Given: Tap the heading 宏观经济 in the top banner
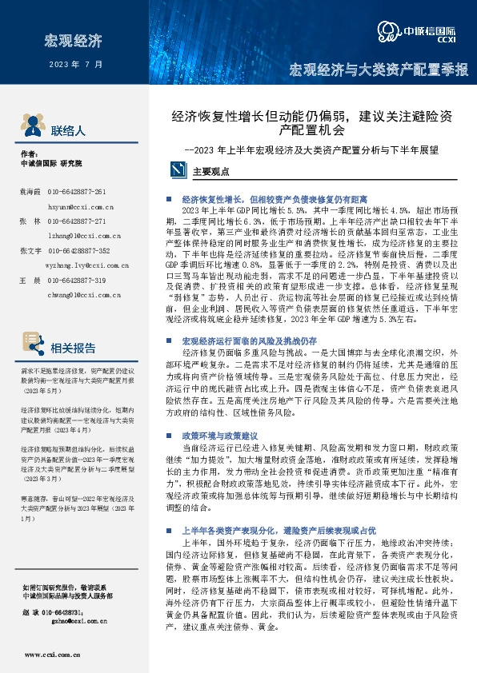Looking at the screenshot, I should [74, 40].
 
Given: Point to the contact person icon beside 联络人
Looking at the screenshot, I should [32, 129].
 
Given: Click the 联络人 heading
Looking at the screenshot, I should [67, 129].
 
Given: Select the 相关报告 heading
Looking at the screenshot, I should [73, 348].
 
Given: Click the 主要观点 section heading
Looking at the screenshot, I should [211, 170].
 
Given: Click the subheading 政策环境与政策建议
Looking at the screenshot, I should [215, 436].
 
